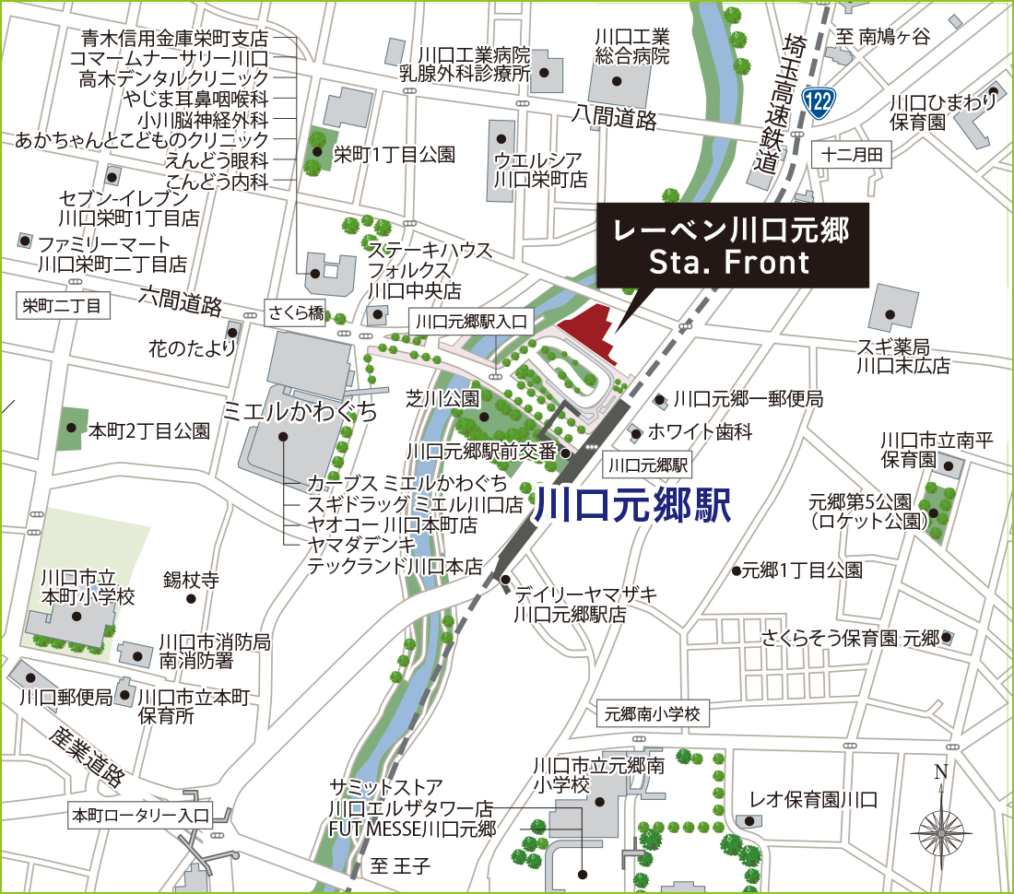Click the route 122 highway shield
click(x=819, y=102)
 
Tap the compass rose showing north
click(x=940, y=829)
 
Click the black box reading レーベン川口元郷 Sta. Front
click(x=733, y=246)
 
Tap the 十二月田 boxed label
click(x=852, y=155)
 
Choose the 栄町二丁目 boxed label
click(x=62, y=305)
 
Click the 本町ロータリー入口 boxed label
click(x=141, y=815)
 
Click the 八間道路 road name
click(x=613, y=117)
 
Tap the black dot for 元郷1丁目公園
click(x=737, y=571)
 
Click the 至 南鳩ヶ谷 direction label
click(x=883, y=37)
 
